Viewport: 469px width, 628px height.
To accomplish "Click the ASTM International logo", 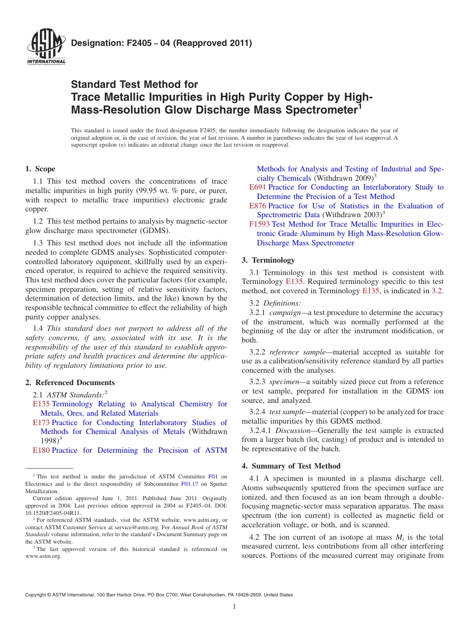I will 45,47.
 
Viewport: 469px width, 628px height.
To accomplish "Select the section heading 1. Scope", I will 40,169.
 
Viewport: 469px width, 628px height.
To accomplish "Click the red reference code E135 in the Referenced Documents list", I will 41,404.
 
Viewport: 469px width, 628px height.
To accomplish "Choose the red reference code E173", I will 41,423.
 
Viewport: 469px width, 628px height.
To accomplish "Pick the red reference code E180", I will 41,450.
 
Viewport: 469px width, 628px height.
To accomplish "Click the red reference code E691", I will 258,187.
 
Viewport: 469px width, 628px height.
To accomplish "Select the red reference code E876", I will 258,206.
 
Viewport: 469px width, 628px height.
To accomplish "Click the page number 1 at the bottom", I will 234,607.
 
